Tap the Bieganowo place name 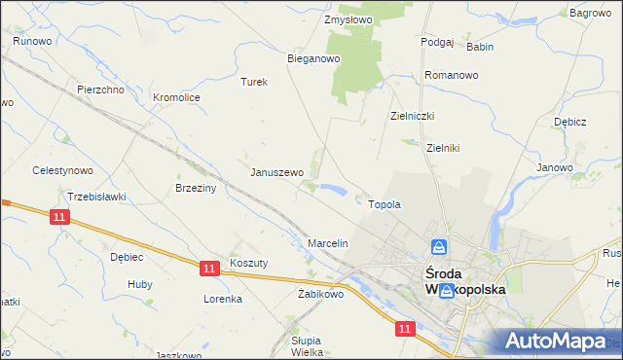click(312, 58)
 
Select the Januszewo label click(277, 172)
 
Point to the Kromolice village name click(176, 97)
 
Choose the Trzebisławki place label click(97, 197)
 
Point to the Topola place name click(385, 205)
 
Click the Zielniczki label click(412, 115)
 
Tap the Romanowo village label click(452, 75)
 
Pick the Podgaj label click(437, 42)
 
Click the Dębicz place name click(568, 122)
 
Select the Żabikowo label click(320, 294)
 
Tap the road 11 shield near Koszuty click(208, 267)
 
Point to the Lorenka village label click(222, 299)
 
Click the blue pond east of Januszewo click(331, 189)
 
